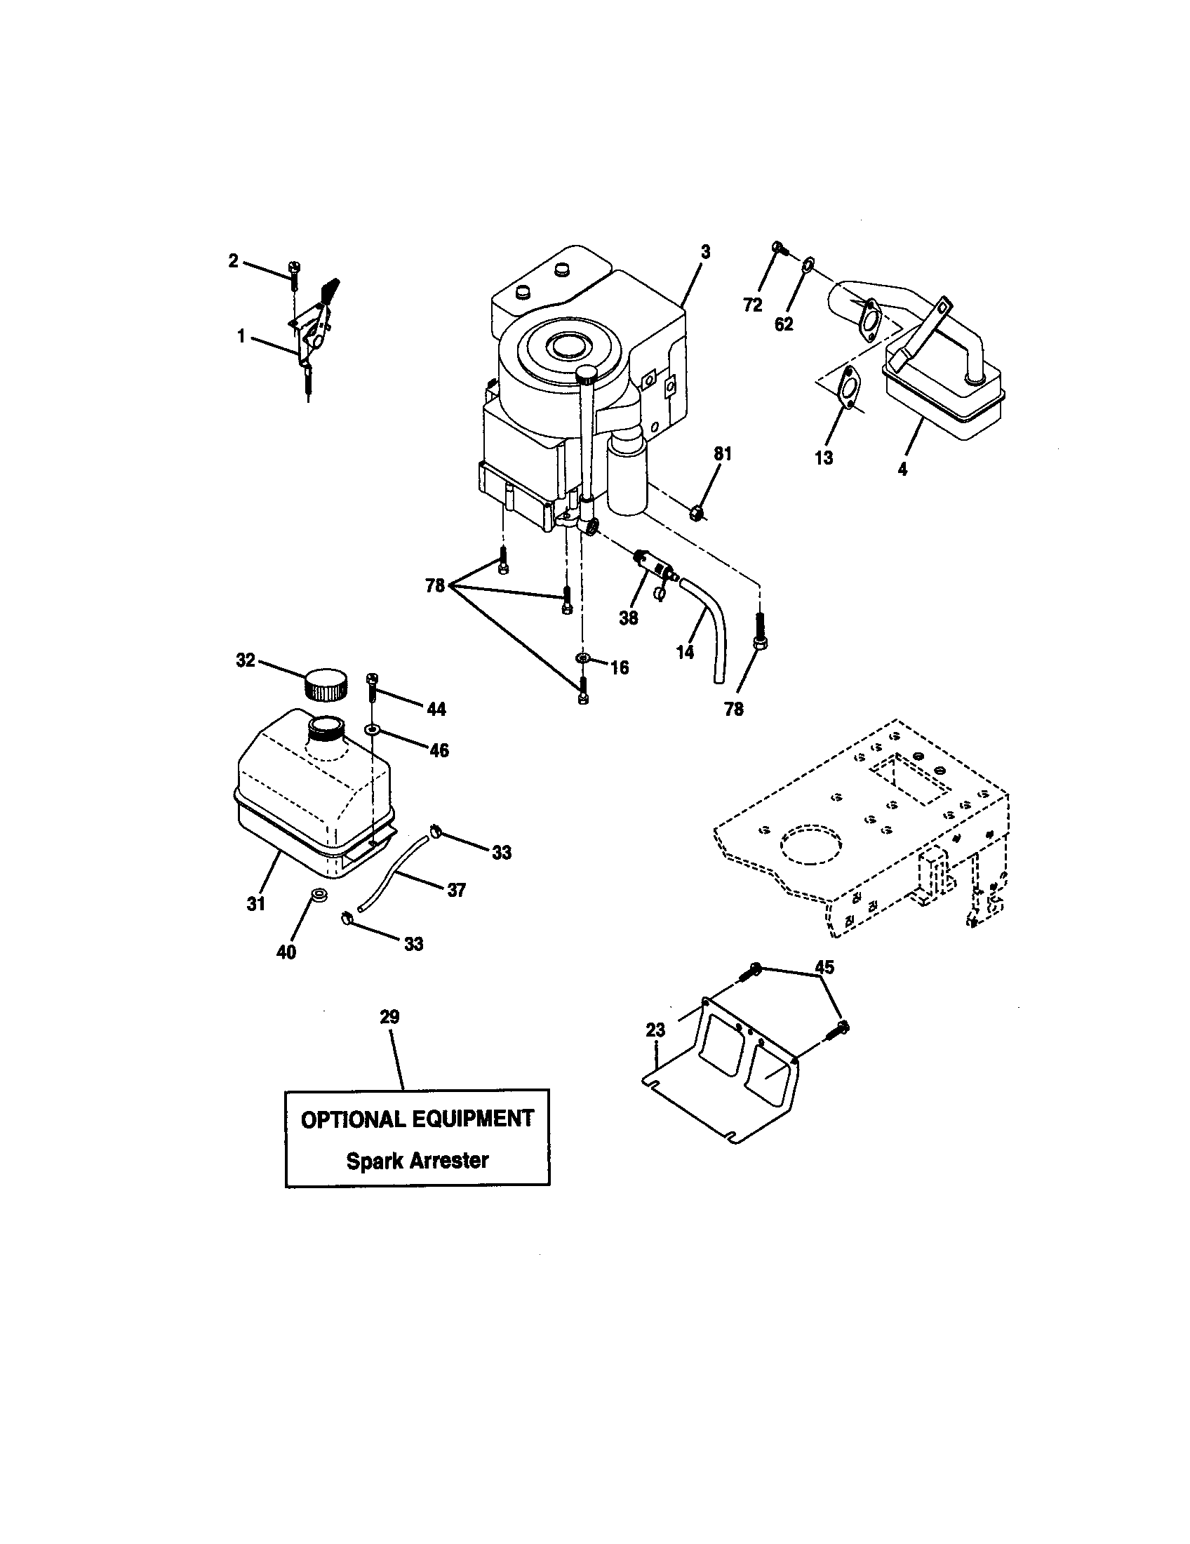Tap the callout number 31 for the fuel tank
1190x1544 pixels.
pyautogui.click(x=256, y=903)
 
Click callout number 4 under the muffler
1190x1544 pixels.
pyautogui.click(x=903, y=468)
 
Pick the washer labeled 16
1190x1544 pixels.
pyautogui.click(x=582, y=658)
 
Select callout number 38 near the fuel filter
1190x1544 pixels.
pyautogui.click(x=628, y=618)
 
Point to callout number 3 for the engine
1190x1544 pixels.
pyautogui.click(x=705, y=253)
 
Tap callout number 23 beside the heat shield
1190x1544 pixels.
pyautogui.click(x=656, y=1030)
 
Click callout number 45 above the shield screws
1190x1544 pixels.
pyautogui.click(x=824, y=966)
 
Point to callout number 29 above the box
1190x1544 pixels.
pyautogui.click(x=389, y=1018)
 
